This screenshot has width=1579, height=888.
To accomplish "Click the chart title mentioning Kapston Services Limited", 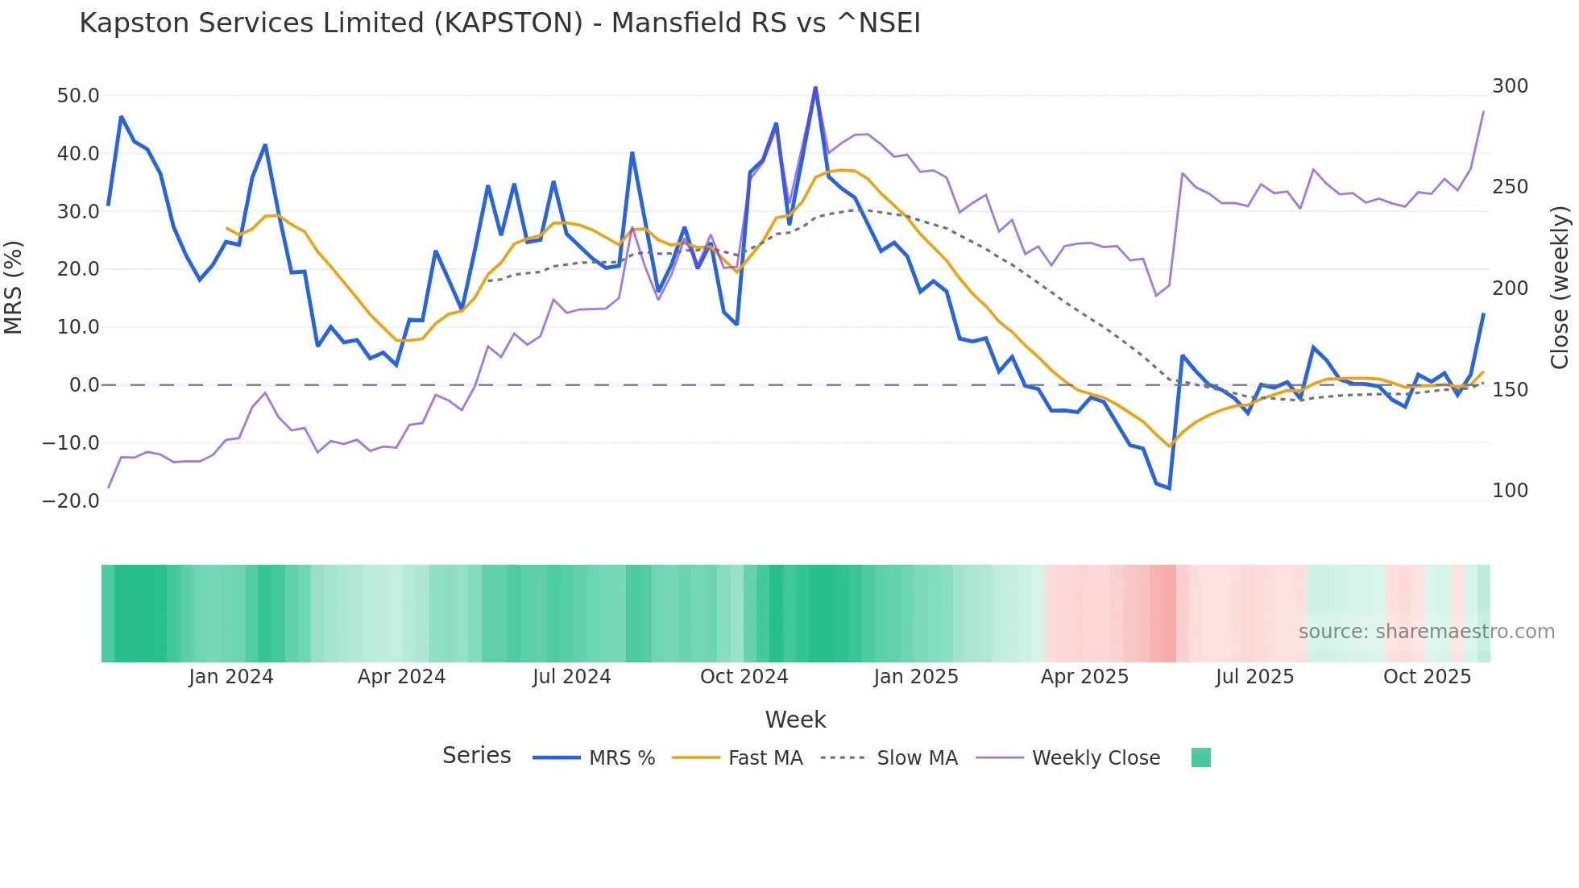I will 499,23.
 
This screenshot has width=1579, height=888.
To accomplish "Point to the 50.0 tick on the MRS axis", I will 78,96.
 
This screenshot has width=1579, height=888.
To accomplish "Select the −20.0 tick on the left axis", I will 72,500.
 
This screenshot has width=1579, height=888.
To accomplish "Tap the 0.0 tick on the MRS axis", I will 85,385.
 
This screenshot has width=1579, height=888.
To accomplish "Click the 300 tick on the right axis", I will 1510,86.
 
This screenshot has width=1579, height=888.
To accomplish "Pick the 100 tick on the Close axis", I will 1510,491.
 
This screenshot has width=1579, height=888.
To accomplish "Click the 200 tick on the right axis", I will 1510,288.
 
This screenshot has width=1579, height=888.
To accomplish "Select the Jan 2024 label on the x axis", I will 231,677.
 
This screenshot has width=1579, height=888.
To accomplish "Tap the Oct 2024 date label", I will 744,677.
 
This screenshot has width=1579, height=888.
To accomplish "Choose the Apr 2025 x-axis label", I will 1084,677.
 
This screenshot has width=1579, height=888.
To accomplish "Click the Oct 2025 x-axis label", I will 1427,677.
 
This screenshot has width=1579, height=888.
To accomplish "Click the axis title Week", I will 795,720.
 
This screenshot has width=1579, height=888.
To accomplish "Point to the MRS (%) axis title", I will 14,287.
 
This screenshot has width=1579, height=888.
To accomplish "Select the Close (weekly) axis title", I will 1560,287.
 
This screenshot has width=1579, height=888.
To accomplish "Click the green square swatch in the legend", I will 1200,757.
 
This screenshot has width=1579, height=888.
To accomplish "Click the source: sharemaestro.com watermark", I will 1426,632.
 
